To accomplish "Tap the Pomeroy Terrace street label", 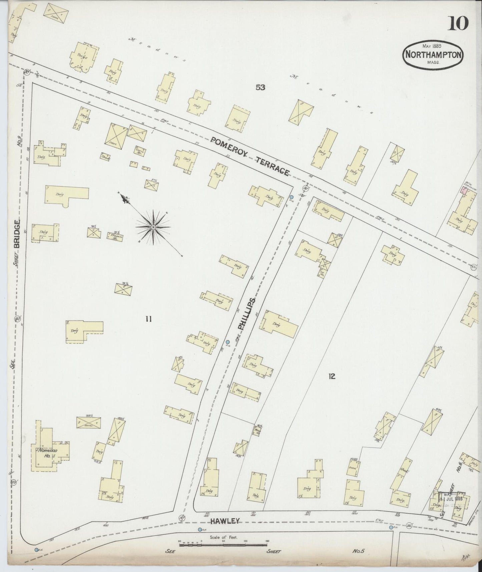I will [250, 156].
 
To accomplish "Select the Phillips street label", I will [247, 314].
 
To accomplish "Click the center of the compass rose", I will [153, 227].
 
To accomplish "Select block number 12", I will [331, 377].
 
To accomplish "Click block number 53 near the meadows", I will [260, 87].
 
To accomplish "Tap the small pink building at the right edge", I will [463, 191].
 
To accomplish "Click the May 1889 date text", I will [432, 46].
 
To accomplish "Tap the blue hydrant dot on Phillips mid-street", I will [227, 342].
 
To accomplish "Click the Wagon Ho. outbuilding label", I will [116, 237].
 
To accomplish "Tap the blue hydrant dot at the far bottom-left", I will [36, 549].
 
